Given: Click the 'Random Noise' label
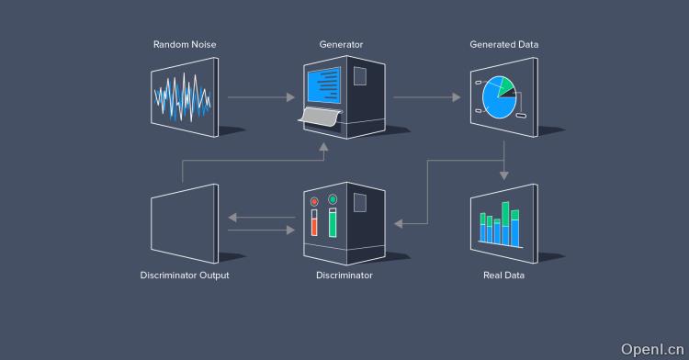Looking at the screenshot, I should point(184,44).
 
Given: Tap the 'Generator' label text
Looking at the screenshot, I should point(341,44).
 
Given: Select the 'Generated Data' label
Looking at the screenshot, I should point(503,44).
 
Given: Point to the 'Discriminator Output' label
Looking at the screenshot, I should point(184,275).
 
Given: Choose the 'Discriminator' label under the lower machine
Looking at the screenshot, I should point(344,275).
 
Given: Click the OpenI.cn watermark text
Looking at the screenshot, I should point(653,349).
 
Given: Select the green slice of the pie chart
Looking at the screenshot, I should point(503,84).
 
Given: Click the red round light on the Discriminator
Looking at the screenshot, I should point(314,201).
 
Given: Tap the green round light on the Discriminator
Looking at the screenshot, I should point(333,198).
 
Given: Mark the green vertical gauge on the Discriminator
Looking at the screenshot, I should point(333,223).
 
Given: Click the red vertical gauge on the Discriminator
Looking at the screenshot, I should point(314,225).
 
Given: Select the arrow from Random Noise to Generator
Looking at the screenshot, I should point(261,96).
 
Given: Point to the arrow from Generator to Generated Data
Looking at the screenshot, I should point(426,96).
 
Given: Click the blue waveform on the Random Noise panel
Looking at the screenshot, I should point(183,96).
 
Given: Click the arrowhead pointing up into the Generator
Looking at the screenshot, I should point(321,146).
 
